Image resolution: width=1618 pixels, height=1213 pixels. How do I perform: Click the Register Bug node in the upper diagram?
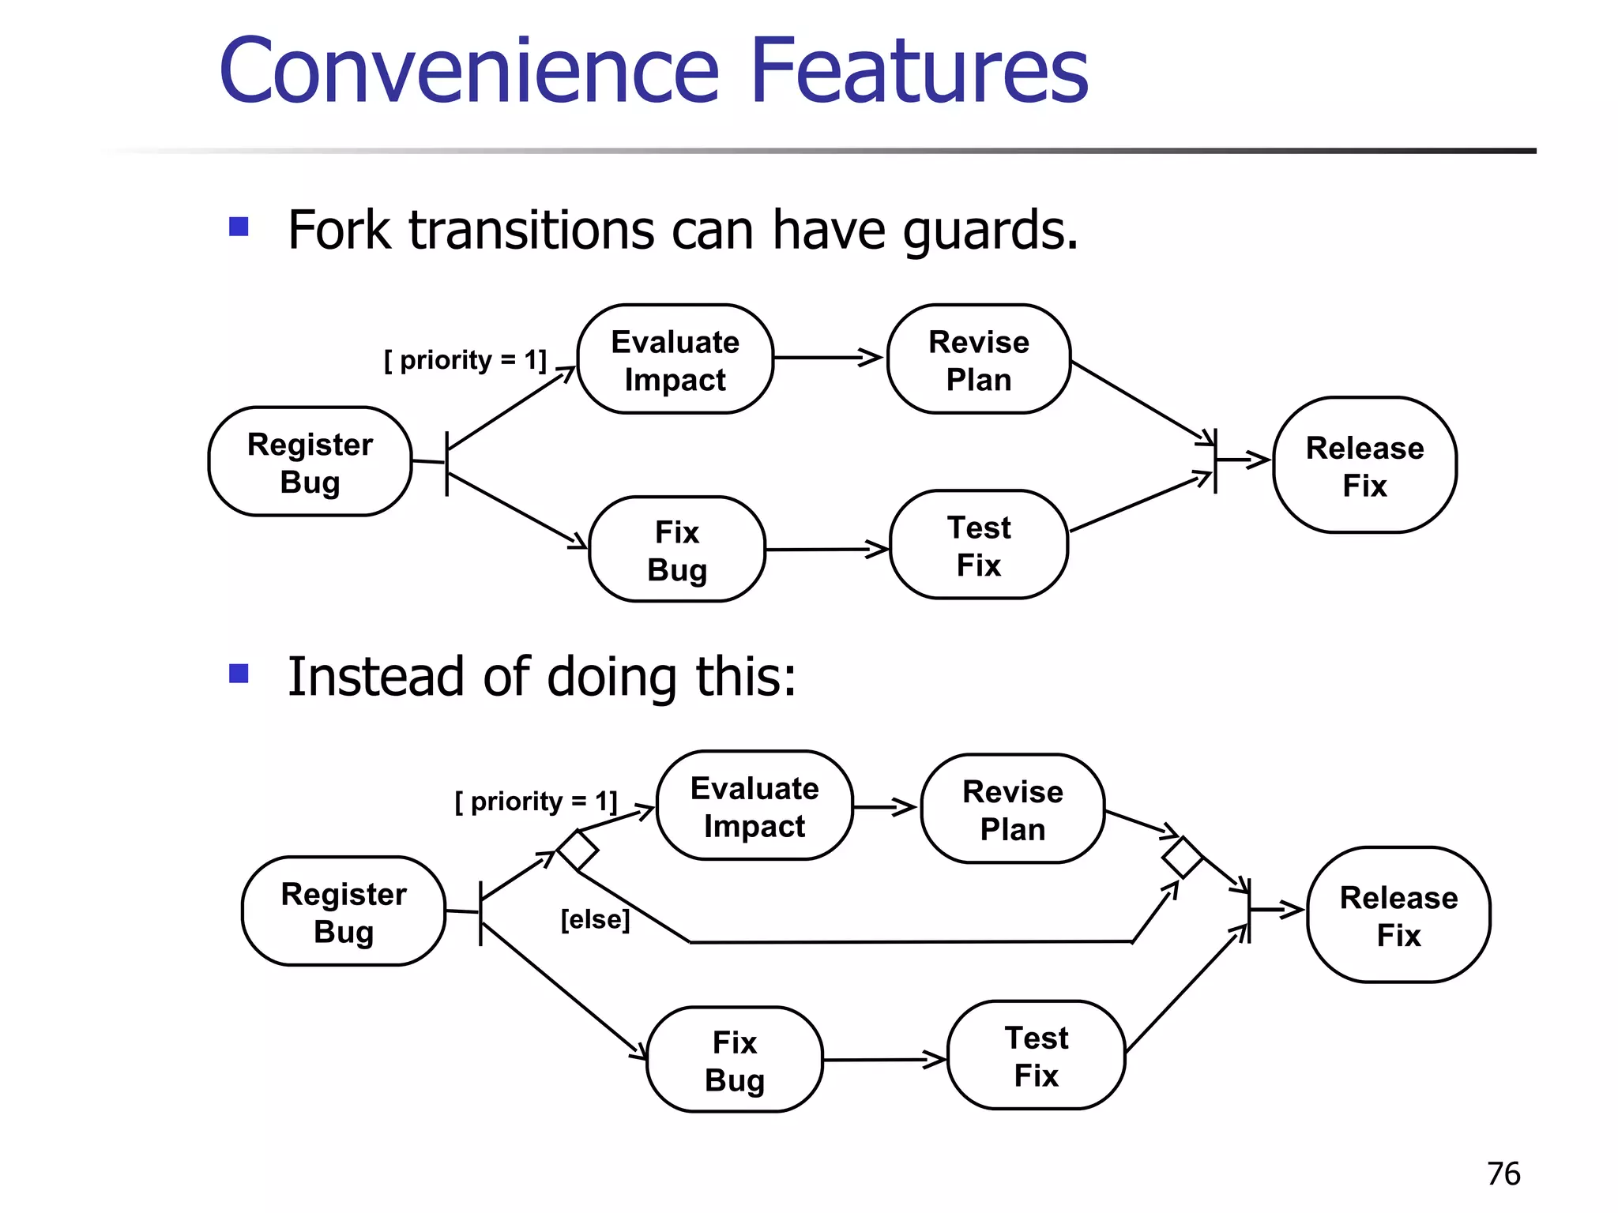click(310, 462)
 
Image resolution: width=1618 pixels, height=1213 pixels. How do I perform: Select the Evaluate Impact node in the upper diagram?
click(675, 359)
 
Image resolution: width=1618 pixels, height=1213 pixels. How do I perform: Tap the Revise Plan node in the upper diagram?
click(979, 359)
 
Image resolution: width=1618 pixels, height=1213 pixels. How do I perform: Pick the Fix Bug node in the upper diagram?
click(677, 550)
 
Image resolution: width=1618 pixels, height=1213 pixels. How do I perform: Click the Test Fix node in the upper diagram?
click(979, 545)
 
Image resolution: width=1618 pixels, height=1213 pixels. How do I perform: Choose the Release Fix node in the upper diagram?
click(1364, 465)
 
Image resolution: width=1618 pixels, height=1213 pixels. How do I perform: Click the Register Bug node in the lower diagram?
click(344, 911)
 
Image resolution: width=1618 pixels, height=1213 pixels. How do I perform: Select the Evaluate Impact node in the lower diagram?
click(754, 806)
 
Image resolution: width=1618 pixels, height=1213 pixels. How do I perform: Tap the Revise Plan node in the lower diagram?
click(1013, 809)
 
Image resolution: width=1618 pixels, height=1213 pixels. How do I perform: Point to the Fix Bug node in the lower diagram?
click(735, 1060)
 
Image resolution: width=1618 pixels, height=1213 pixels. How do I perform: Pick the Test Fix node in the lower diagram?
click(1036, 1055)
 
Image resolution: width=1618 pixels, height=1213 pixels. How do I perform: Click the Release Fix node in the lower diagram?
click(1398, 915)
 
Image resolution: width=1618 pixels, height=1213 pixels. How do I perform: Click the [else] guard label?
click(595, 919)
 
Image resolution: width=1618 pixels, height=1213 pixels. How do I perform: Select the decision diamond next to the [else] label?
click(578, 851)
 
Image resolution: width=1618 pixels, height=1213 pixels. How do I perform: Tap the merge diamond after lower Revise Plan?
click(1182, 857)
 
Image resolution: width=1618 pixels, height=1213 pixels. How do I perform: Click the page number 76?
click(1503, 1174)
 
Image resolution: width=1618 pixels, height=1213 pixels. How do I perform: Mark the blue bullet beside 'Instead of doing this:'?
click(239, 674)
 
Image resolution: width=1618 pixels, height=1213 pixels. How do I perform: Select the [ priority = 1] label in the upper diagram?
click(465, 360)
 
